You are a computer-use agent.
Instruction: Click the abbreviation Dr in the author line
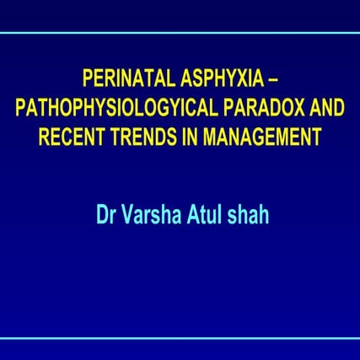(108, 206)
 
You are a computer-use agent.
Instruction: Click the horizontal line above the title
(180, 34)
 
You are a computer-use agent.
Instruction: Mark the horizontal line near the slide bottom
(180, 337)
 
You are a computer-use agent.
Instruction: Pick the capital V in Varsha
(130, 206)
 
